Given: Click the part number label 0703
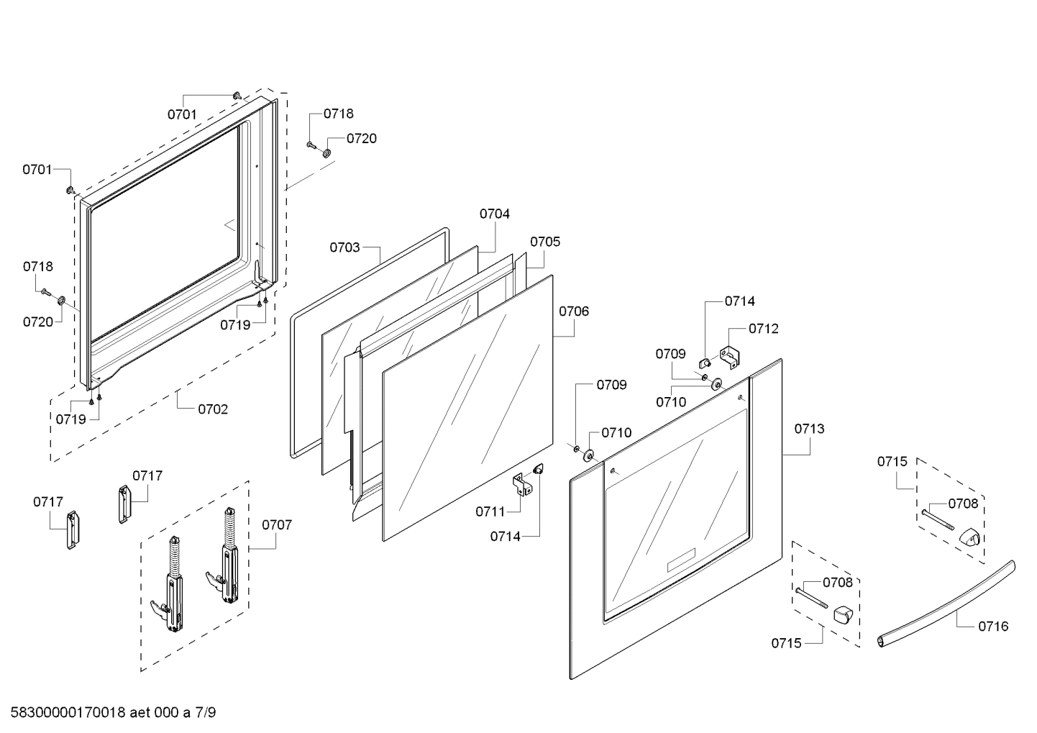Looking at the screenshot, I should [344, 247].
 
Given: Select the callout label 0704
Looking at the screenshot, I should [495, 214].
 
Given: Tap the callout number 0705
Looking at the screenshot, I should [545, 242].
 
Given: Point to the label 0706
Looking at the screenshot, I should [574, 311].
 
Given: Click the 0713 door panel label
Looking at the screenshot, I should [809, 429].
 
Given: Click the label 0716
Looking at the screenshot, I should [993, 626].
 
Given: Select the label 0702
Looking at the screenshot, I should [213, 409].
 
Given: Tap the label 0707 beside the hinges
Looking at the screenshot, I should [277, 524].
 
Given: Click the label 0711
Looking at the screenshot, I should [490, 511].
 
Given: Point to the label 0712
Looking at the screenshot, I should [763, 328].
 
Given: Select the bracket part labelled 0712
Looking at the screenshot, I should [729, 357].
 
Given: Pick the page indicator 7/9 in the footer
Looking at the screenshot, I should [206, 713].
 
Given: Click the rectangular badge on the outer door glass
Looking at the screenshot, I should [681, 560].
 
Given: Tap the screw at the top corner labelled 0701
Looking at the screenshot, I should [237, 96].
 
